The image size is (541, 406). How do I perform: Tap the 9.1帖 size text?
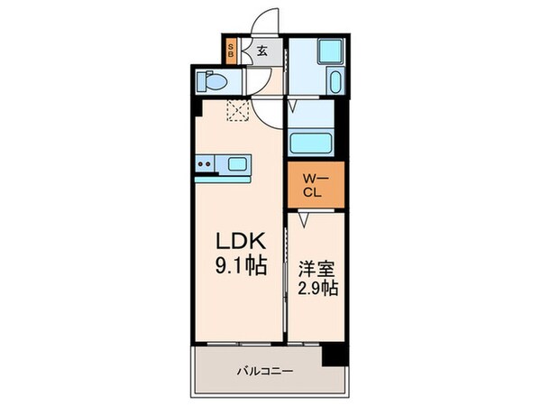(239, 267)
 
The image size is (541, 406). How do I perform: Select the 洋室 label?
(316, 269)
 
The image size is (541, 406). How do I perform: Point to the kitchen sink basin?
(239, 164)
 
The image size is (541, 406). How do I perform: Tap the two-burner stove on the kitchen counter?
(206, 165)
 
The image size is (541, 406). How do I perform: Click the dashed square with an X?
(238, 110)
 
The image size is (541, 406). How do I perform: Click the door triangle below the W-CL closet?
(304, 217)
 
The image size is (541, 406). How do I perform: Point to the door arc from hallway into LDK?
(267, 112)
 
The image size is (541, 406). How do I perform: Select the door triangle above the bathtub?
(293, 106)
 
